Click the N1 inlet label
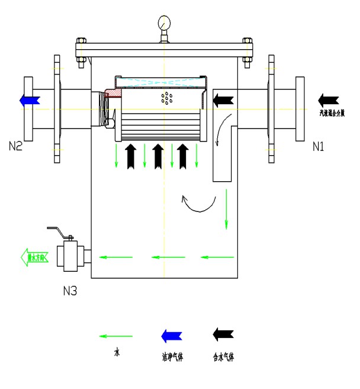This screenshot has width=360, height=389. click(x=319, y=146)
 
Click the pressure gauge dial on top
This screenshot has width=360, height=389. click(x=164, y=24)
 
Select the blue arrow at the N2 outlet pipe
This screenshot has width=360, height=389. click(x=30, y=99)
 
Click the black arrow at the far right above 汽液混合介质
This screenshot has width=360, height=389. click(x=328, y=99)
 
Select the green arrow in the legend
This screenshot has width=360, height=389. click(x=116, y=336)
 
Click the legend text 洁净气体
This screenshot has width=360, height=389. click(x=172, y=357)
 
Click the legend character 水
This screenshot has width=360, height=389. click(x=117, y=353)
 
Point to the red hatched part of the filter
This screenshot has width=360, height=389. click(x=111, y=94)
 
